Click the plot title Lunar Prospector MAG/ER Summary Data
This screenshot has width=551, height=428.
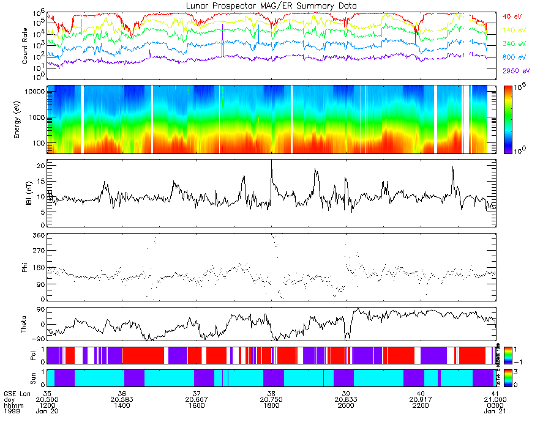[271, 6]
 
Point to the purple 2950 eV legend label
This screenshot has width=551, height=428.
[515, 72]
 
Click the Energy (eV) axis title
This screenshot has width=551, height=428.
[25, 120]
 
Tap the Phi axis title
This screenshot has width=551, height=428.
[28, 267]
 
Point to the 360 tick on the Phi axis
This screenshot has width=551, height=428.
[39, 235]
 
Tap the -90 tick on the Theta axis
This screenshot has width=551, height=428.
[38, 339]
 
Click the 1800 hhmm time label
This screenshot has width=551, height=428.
[271, 405]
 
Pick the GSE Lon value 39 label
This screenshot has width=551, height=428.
[346, 393]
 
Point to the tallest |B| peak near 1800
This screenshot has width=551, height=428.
[271, 161]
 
